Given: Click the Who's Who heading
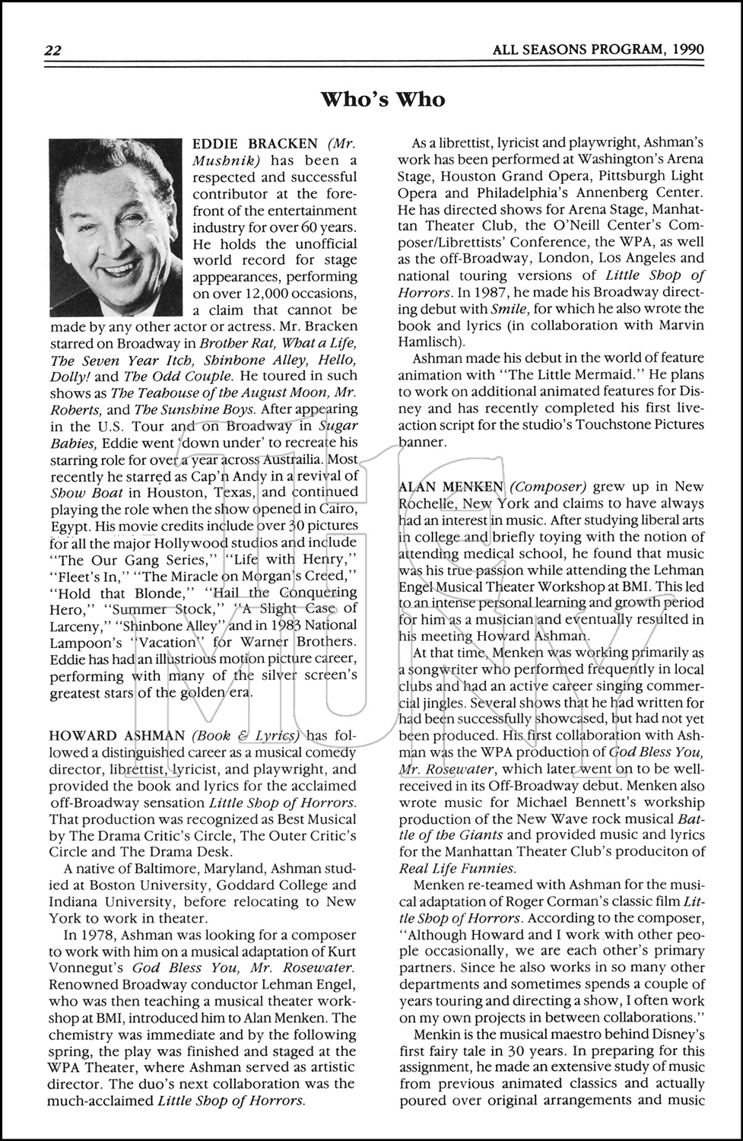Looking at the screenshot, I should coord(383,100).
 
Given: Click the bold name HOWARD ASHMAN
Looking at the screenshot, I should coord(117,736).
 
